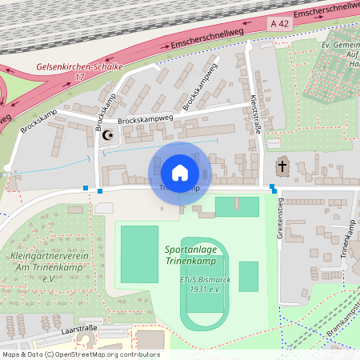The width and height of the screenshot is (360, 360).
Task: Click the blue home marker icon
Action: [x=180, y=172]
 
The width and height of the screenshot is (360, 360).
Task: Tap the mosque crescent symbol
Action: [x=108, y=134]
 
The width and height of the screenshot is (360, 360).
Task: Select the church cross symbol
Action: [x=282, y=167]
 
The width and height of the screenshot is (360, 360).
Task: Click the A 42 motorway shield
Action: [x=278, y=26]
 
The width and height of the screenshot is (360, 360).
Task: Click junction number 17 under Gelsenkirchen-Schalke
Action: [x=79, y=77]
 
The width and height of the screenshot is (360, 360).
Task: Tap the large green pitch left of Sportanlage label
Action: [x=139, y=254]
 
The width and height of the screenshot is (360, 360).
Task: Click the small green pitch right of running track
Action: [x=249, y=276]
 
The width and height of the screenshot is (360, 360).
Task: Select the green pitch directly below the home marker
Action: [x=237, y=206]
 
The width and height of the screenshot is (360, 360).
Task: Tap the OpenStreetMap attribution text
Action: [x=80, y=354]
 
